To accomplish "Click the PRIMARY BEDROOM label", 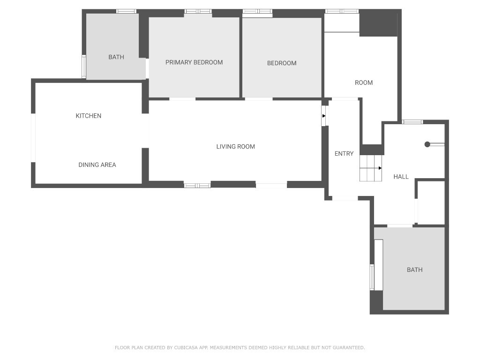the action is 194,62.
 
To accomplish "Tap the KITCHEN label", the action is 89,116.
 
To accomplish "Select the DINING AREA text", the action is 97,165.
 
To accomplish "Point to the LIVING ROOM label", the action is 236,147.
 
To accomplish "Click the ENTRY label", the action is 344,154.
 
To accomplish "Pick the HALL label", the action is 401,177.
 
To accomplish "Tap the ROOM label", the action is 364,82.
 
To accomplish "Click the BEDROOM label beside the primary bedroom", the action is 282,63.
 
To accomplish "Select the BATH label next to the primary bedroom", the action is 116,57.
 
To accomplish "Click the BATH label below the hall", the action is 415,270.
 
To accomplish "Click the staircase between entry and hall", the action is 371,168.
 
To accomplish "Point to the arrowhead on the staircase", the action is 380,168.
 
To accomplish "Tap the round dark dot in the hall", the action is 427,144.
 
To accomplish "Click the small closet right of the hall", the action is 431,202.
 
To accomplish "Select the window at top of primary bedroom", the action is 198,11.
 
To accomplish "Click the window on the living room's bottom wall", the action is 197,186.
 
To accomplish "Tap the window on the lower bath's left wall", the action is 372,277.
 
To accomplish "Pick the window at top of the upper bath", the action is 127,11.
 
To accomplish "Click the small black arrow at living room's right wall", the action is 324,116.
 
